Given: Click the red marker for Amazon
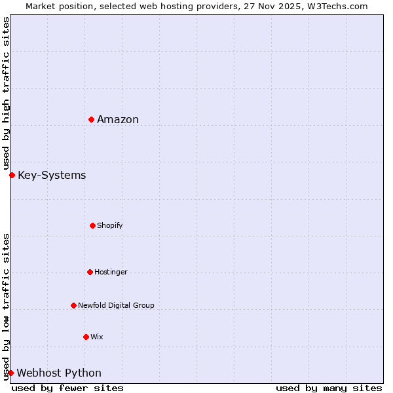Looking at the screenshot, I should point(91,119).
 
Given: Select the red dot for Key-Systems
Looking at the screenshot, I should point(12,175).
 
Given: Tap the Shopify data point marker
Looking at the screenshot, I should point(92,225).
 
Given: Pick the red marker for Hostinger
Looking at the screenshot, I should point(90,272).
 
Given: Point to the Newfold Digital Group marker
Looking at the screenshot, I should point(73,305).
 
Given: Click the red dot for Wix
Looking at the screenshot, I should point(86,337).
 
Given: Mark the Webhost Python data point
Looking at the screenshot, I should point(10,373).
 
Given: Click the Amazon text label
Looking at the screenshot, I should point(118,119).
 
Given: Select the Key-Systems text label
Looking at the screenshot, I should point(52,175).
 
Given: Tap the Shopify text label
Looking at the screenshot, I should point(110,225).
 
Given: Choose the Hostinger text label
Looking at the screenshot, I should point(111,272).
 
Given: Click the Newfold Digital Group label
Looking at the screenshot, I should point(116,305).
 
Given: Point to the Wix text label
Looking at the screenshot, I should point(97,337).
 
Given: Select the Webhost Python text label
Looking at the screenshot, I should point(59,373).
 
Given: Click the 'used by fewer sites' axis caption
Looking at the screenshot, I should point(67,388).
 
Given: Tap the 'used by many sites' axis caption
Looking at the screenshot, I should point(329,388).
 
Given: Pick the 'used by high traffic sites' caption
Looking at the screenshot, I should point(6,93).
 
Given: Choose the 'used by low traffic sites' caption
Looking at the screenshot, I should point(6,307).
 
